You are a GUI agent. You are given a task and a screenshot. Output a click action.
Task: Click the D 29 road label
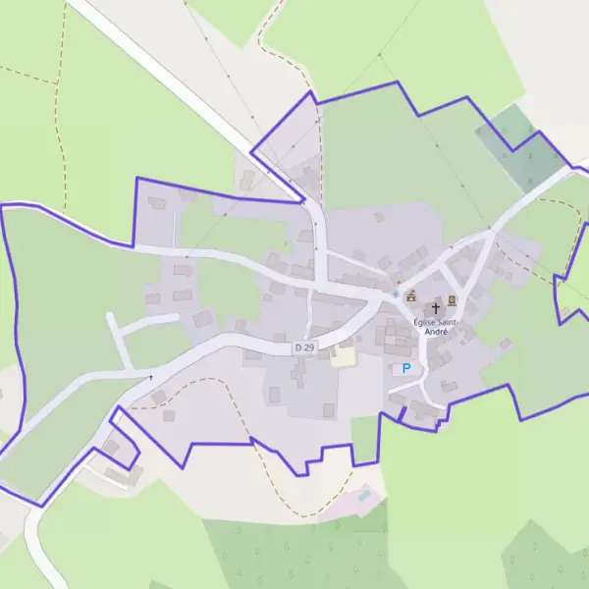[304, 348]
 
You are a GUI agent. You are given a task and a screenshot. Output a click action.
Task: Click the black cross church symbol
[436, 308]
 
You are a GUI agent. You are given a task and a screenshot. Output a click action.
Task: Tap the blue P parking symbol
[405, 368]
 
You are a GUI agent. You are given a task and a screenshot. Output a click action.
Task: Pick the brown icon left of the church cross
[411, 295]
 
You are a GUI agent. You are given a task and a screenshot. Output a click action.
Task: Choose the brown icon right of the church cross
[452, 299]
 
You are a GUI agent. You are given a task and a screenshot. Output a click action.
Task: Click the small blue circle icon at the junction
[396, 294]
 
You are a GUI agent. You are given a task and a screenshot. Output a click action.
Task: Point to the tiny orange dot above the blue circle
[399, 282]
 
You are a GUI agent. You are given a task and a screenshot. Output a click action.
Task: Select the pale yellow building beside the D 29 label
[343, 354]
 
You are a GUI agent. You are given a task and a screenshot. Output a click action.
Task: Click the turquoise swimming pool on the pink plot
[364, 496]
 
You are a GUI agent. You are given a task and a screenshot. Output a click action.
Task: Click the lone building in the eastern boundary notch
[566, 314]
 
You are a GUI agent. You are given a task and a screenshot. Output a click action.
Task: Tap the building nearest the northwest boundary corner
[156, 203]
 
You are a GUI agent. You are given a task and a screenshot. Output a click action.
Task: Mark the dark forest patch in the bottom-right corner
[545, 560]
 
